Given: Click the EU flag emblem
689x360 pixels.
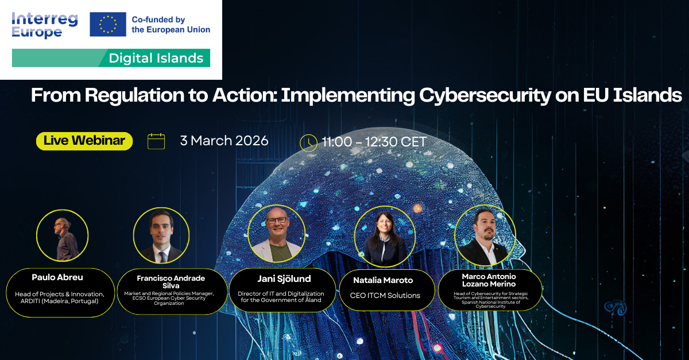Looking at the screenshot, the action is (108, 24).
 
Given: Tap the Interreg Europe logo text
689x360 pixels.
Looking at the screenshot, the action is (45, 25).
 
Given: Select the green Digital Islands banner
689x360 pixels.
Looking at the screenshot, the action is (111, 58).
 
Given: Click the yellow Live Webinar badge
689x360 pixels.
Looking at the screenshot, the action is (84, 141).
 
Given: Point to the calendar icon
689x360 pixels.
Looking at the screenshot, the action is (156, 142).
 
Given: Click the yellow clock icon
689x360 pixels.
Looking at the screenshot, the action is (308, 143).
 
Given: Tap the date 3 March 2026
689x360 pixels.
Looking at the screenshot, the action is (224, 141).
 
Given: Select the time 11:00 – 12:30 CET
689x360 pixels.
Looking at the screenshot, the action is (374, 142).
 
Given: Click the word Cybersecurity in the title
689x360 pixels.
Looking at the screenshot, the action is (485, 95).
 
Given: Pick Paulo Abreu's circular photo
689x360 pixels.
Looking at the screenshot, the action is (63, 235).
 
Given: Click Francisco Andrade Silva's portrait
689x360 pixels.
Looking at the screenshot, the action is (161, 235).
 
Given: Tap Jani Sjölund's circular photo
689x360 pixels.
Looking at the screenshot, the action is (277, 234).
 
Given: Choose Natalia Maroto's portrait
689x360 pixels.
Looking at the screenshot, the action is (385, 237).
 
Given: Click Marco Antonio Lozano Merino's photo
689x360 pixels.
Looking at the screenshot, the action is (485, 235).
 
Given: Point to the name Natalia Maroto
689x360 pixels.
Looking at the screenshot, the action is (383, 280).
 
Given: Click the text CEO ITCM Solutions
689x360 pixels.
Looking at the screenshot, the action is (385, 295).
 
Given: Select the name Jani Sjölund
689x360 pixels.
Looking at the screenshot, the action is (284, 279).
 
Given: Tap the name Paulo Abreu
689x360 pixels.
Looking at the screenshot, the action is (57, 277).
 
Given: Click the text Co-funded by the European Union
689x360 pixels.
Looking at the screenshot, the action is (171, 25).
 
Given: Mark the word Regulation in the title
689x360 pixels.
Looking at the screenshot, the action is (134, 95).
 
